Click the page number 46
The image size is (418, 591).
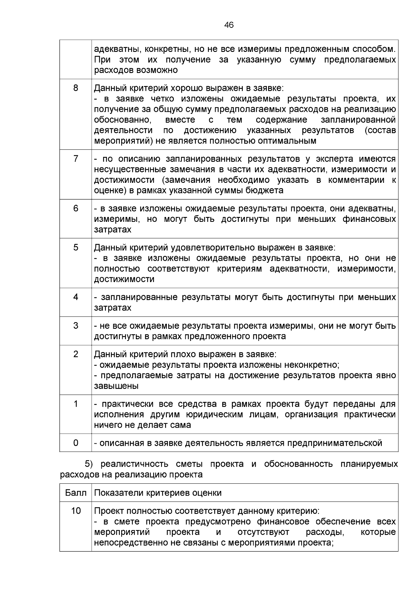(229, 25)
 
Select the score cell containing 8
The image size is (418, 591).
(76, 88)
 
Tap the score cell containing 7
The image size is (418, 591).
(76, 159)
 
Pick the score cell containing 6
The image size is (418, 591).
(76, 208)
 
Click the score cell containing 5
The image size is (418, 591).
(76, 247)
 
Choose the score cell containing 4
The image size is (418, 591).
(76, 297)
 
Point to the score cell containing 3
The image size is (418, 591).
(76, 326)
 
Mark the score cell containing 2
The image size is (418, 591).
(76, 354)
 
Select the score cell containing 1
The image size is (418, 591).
(76, 404)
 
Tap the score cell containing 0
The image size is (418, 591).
(76, 443)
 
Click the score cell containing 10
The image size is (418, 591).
(76, 511)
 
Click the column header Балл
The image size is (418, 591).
(76, 493)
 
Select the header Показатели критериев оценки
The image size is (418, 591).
(158, 493)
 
